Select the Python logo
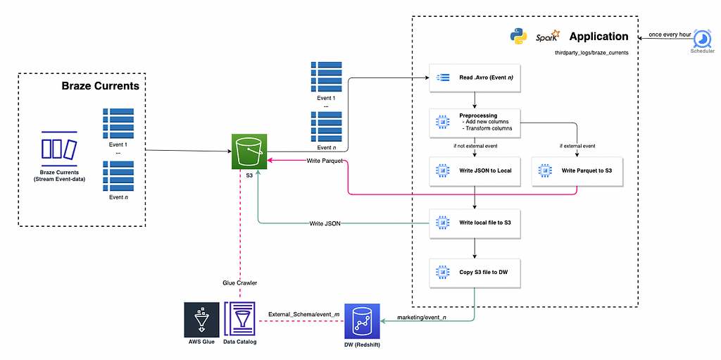pyautogui.click(x=518, y=37)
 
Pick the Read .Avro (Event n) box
pyautogui.click(x=475, y=77)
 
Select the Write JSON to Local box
pyautogui.click(x=475, y=170)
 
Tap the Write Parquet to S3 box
pyautogui.click(x=577, y=170)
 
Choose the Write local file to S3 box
pyautogui.click(x=475, y=223)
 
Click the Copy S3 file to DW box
pyautogui.click(x=475, y=272)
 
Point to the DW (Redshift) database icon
pyautogui.click(x=363, y=321)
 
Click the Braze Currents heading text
pyautogui.click(x=100, y=86)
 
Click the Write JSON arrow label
pyautogui.click(x=325, y=224)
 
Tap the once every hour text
pyautogui.click(x=666, y=35)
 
